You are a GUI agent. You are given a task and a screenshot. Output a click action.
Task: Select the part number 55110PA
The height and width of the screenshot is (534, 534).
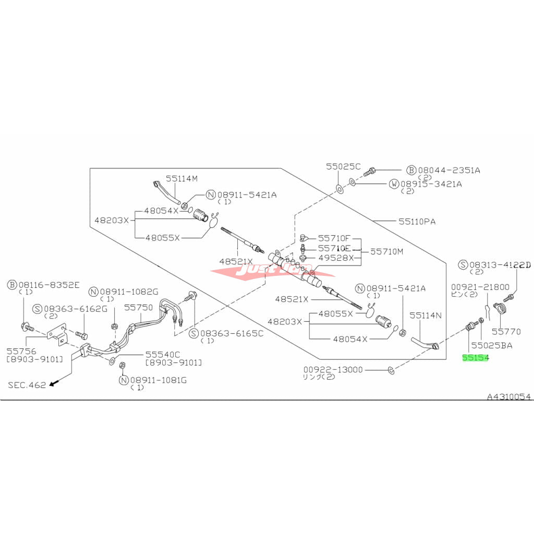pyautogui.click(x=417, y=221)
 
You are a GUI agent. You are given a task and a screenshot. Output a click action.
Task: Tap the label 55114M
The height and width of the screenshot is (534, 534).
pyautogui.click(x=182, y=178)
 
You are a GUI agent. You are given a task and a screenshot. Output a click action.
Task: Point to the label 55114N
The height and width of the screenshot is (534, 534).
pyautogui.click(x=426, y=315)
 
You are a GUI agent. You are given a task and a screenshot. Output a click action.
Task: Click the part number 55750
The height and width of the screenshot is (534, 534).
pyautogui.click(x=139, y=308)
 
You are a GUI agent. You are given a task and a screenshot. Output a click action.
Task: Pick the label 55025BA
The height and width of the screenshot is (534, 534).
pyautogui.click(x=491, y=345)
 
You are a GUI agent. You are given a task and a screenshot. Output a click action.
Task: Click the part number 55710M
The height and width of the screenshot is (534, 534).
pyautogui.click(x=387, y=251)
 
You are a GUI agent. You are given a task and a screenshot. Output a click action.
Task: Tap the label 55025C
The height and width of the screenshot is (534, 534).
pyautogui.click(x=343, y=167)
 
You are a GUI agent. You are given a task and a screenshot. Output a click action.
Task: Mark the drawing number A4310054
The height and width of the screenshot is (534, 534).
pyautogui.click(x=509, y=397)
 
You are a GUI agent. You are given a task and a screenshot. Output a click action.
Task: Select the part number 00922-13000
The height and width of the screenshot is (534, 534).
pyautogui.click(x=334, y=369)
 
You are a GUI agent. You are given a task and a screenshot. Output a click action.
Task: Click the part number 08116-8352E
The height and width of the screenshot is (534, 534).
pyautogui.click(x=50, y=285)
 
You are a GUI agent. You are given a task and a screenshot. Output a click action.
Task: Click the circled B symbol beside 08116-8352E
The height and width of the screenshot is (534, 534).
pyautogui.click(x=13, y=285)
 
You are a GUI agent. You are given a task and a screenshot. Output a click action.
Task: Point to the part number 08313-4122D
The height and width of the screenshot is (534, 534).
pyautogui.click(x=500, y=264)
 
